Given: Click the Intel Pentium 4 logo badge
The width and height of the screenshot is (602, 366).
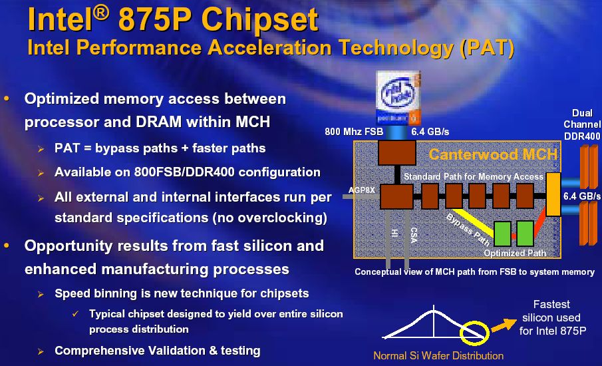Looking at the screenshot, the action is pyautogui.click(x=398, y=98).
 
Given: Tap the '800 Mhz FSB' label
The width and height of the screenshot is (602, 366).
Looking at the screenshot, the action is pyautogui.click(x=354, y=132).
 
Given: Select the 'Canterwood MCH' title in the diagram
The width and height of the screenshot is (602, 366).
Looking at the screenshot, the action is pyautogui.click(x=493, y=154).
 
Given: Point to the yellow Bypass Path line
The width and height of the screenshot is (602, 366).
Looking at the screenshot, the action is pyautogui.click(x=473, y=222).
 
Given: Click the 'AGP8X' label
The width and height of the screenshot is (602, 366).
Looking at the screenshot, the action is pyautogui.click(x=362, y=190).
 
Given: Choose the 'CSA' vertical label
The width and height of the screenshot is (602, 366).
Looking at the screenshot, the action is pyautogui.click(x=414, y=235).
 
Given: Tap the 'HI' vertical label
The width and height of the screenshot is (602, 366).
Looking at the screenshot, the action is pyautogui.click(x=394, y=233).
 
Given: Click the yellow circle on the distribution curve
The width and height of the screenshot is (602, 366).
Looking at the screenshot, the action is pyautogui.click(x=474, y=333).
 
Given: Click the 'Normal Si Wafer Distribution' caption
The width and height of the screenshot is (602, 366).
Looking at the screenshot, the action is pyautogui.click(x=438, y=355).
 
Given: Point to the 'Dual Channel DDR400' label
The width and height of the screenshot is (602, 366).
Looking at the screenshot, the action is pyautogui.click(x=581, y=124).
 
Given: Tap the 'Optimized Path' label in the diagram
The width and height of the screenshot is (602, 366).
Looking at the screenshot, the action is pyautogui.click(x=515, y=253).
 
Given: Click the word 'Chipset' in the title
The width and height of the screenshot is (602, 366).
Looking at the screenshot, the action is pyautogui.click(x=260, y=20).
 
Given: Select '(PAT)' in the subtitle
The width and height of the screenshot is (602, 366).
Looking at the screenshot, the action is pyautogui.click(x=487, y=48).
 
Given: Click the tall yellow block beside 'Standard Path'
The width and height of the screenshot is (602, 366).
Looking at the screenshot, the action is pyautogui.click(x=553, y=194).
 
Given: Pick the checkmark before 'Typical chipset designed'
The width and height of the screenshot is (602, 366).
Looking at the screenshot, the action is pyautogui.click(x=76, y=314).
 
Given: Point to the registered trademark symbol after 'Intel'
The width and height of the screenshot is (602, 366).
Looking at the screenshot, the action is pyautogui.click(x=101, y=13).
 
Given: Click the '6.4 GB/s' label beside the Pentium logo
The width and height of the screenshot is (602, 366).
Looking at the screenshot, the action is pyautogui.click(x=430, y=132).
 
